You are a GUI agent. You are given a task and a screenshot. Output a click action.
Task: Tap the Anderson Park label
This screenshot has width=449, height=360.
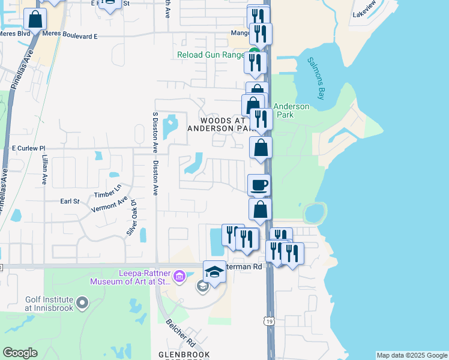click(x=291, y=110)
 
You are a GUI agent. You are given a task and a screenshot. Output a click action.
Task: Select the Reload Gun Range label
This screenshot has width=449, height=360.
click(x=211, y=55)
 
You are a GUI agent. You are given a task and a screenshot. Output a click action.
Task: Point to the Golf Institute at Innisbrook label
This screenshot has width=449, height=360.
click(x=49, y=304)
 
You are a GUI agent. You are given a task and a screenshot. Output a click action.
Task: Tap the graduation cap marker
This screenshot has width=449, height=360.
click(x=214, y=272)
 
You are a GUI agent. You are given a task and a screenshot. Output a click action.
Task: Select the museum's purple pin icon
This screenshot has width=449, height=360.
click(x=179, y=277)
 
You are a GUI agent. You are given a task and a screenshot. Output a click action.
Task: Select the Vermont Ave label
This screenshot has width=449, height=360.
click(x=109, y=208)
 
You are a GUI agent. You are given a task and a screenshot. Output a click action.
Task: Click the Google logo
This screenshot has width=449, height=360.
click(x=20, y=353)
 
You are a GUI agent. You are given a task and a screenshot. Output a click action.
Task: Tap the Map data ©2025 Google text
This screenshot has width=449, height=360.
click(x=412, y=355)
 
